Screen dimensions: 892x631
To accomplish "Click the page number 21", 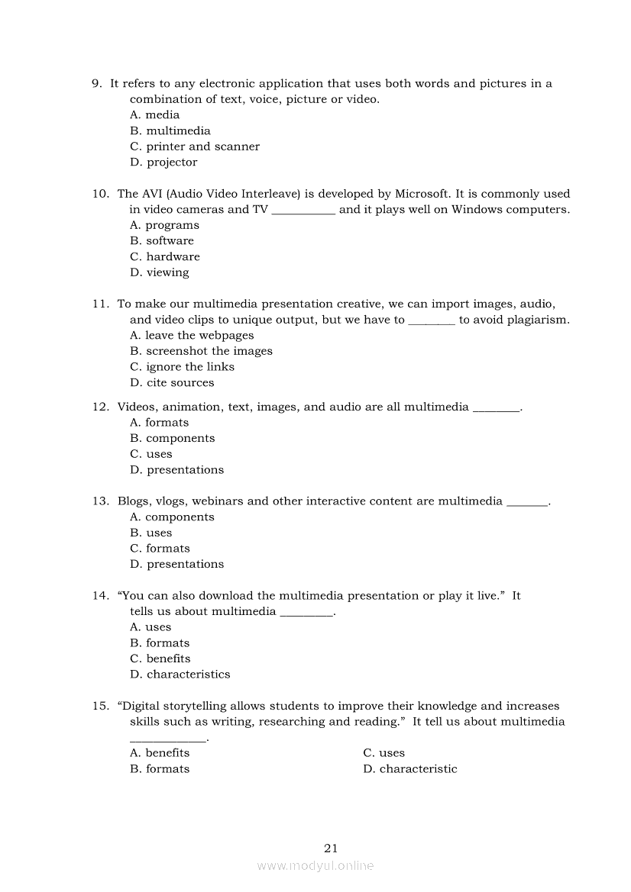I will pyautogui.click(x=331, y=848).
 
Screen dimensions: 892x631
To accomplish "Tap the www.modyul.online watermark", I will pyautogui.click(x=315, y=866).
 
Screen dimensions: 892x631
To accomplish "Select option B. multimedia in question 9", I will pyautogui.click(x=170, y=130).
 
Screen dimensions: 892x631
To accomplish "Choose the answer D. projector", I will pyautogui.click(x=163, y=162).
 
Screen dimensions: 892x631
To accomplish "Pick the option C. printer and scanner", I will pyautogui.click(x=195, y=147).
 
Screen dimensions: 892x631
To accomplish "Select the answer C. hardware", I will pyautogui.click(x=165, y=256).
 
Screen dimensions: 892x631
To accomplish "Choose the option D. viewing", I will pyautogui.click(x=160, y=272).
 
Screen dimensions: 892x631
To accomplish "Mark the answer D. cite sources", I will pyautogui.click(x=172, y=382).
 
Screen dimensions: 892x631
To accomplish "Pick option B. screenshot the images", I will pyautogui.click(x=201, y=351).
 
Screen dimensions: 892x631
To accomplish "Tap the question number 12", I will pyautogui.click(x=101, y=407).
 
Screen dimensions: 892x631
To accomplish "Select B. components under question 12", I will pyautogui.click(x=173, y=438).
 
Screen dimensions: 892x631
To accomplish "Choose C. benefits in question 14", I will pyautogui.click(x=160, y=659).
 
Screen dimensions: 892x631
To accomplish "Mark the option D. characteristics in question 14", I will pyautogui.click(x=180, y=675).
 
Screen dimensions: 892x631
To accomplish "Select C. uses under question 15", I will pyautogui.click(x=383, y=753).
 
